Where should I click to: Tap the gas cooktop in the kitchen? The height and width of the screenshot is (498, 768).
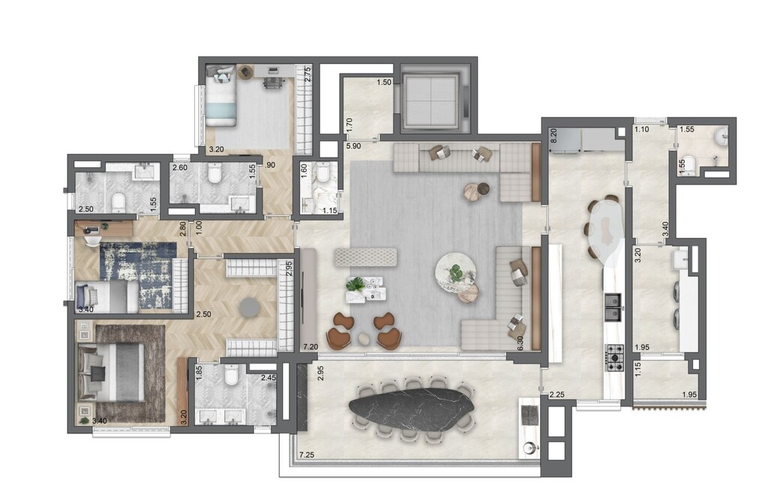(x=614, y=357)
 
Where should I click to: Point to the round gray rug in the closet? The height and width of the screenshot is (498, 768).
(x=249, y=307)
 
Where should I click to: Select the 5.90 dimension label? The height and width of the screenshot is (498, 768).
(x=352, y=146)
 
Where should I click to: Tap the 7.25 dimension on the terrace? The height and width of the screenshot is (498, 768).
(x=307, y=455)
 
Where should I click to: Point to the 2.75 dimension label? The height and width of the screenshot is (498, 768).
(x=307, y=74)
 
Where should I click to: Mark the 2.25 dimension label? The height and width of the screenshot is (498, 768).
(x=556, y=394)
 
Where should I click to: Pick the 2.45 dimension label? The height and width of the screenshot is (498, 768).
(x=268, y=378)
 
